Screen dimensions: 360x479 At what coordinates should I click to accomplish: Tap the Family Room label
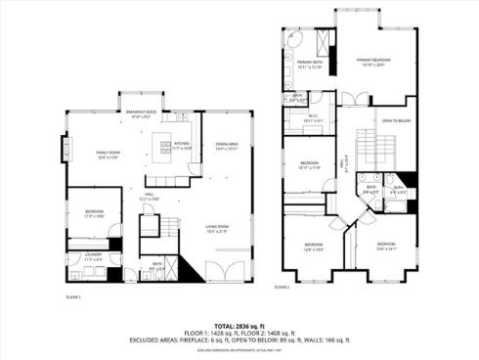point(108,155)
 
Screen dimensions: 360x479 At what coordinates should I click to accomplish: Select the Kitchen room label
point(182,146)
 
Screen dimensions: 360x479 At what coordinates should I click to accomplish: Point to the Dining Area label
point(228,146)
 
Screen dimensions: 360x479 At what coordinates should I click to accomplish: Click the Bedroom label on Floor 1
point(94,213)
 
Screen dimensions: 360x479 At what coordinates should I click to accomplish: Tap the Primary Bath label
point(309,65)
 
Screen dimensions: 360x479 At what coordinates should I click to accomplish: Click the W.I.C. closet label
point(313,119)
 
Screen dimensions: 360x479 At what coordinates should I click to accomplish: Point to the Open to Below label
point(394,121)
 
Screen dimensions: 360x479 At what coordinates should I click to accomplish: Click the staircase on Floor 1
point(149,227)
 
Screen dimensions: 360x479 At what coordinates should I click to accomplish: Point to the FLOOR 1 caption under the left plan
point(72,294)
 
